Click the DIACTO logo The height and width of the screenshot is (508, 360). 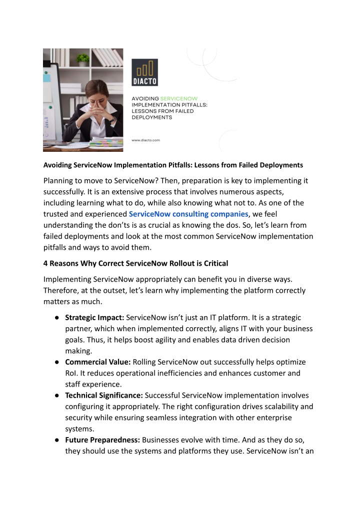click(x=144, y=72)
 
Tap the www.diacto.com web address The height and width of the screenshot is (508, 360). click(x=145, y=140)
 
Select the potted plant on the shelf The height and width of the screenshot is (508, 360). click(x=82, y=59)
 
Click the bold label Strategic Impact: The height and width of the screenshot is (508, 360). click(x=95, y=318)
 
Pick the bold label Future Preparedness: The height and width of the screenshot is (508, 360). click(x=103, y=440)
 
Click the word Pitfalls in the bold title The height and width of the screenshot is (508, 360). click(x=173, y=165)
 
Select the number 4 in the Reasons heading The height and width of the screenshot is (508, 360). click(x=46, y=263)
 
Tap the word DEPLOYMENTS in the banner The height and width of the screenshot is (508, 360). click(x=151, y=118)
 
